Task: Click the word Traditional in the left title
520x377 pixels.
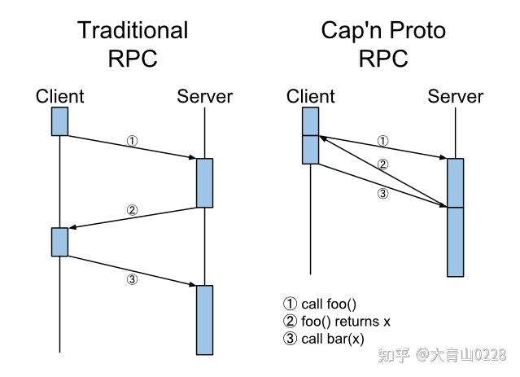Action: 133,31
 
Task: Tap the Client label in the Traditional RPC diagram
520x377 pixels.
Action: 59,97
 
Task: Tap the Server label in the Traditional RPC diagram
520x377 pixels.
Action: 204,97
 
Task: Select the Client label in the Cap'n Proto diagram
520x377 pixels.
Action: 310,97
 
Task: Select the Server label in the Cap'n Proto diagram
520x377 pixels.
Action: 455,97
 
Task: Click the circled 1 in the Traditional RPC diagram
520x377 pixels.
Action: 133,140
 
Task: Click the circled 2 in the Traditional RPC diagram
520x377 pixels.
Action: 133,210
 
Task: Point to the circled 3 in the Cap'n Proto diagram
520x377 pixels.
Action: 383,193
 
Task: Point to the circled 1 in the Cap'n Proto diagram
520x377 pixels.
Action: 383,140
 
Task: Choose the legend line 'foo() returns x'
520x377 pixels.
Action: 336,322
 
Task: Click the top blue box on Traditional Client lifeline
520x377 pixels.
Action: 59,121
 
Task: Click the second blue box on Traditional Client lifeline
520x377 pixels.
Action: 59,241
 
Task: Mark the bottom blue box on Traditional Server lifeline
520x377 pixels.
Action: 204,319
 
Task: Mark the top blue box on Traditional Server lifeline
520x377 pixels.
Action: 204,182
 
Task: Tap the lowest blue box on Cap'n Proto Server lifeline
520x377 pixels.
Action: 455,242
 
